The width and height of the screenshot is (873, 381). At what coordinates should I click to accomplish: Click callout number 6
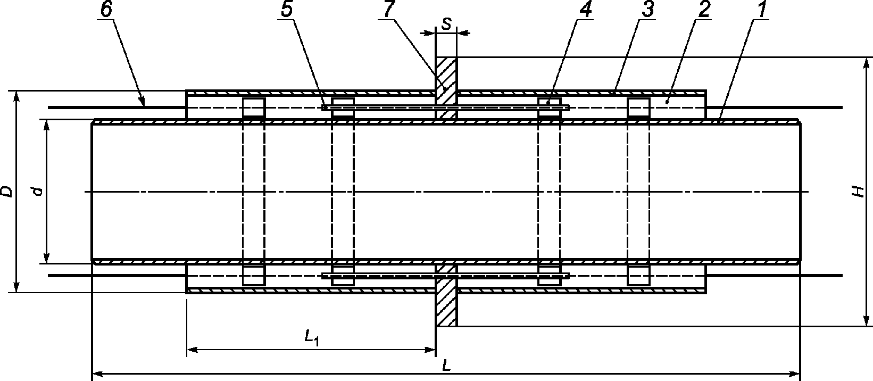(x=106, y=11)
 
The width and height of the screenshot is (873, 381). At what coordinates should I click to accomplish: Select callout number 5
(x=287, y=11)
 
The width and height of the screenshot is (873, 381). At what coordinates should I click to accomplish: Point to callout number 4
(x=585, y=11)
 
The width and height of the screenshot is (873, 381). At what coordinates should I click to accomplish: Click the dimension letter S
(x=446, y=24)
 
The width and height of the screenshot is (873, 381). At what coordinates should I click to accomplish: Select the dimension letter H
(x=857, y=192)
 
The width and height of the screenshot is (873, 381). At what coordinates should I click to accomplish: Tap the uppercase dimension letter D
(x=6, y=192)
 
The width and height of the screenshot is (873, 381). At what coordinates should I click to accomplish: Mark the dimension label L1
(x=312, y=337)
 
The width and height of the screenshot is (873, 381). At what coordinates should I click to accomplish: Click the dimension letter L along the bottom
(x=446, y=367)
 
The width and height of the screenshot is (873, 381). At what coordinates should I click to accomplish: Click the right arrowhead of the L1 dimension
(x=430, y=350)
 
